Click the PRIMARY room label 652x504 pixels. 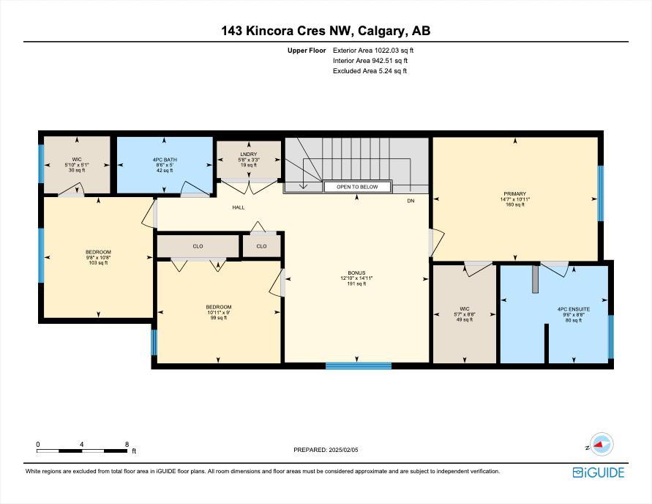click(x=514, y=194)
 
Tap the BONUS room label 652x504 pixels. click(x=356, y=273)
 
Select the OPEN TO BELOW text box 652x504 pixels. click(x=357, y=187)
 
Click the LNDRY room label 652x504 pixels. click(x=249, y=155)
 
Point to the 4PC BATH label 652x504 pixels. click(x=165, y=160)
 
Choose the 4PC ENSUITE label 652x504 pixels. click(x=574, y=309)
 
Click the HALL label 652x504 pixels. click(x=239, y=207)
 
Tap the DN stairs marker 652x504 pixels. click(x=411, y=201)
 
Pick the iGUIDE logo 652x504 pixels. click(x=599, y=472)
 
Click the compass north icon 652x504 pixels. click(x=602, y=444)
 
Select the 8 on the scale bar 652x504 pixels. click(x=127, y=445)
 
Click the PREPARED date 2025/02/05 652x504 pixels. click(x=343, y=450)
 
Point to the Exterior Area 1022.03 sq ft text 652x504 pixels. click(x=373, y=51)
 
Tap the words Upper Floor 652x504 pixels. click(x=307, y=51)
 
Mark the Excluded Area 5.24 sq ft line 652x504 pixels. click(x=370, y=71)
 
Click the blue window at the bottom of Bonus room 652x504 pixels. click(x=358, y=366)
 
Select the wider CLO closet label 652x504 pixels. click(x=198, y=246)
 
